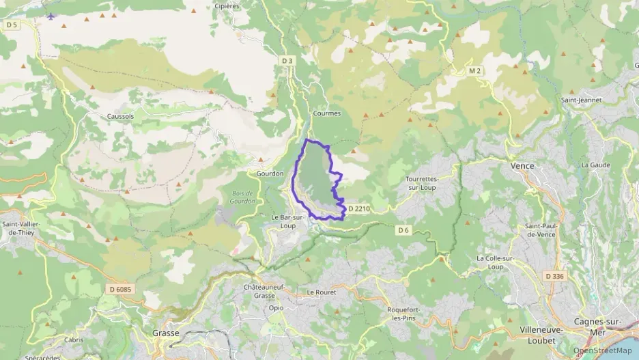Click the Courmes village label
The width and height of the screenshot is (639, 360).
coord(326,113)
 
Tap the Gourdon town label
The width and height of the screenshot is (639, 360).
coord(270,174)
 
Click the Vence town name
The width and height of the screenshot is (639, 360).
coord(522,166)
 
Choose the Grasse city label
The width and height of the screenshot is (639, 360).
coord(165,333)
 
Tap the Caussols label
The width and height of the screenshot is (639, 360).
coord(120,116)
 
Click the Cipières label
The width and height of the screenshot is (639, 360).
coord(227,5)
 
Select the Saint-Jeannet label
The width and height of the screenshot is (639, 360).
coord(581,100)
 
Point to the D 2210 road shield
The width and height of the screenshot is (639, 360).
coord(358,208)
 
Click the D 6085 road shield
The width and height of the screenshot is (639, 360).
coord(119,289)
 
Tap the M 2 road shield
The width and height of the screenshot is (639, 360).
coord(474,71)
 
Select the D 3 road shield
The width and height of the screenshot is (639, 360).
coord(287,61)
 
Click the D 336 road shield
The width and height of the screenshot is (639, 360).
coord(554,276)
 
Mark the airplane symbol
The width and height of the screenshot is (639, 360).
coord(51,16)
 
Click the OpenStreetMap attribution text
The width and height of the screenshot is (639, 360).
coord(602,350)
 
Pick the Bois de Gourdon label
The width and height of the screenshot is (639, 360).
coord(242,197)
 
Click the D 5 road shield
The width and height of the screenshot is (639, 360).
coord(10,25)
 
